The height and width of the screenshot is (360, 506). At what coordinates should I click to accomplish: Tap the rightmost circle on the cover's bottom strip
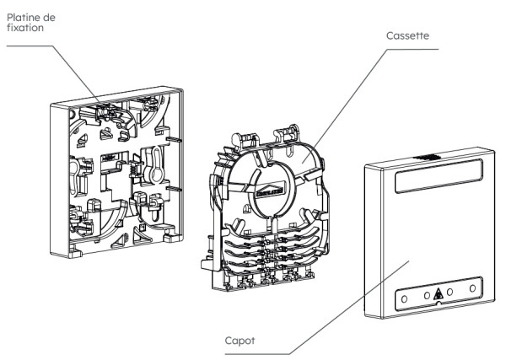click(472, 290)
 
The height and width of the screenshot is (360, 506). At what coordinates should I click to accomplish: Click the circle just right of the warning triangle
click(453, 293)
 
